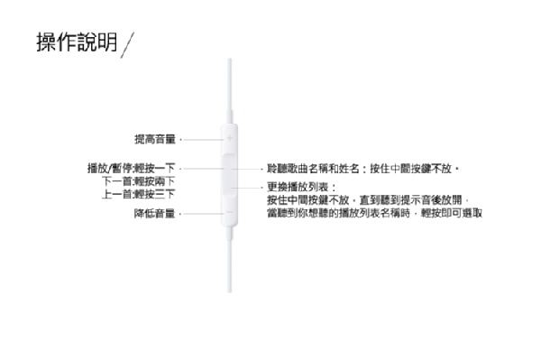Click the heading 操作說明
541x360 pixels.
[x=78, y=42]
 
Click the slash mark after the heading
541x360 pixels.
[x=127, y=45]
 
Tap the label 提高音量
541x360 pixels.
[x=155, y=139]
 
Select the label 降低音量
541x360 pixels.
[x=154, y=213]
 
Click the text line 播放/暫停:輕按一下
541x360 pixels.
[x=132, y=168]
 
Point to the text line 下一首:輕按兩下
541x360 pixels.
[x=138, y=181]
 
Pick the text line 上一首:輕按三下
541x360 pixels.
[x=138, y=194]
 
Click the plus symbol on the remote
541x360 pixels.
[x=229, y=139]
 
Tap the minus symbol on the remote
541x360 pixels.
[x=229, y=212]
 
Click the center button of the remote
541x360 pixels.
[x=229, y=176]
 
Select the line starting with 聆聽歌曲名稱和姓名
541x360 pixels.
[x=363, y=169]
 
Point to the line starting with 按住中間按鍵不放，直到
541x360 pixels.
[x=368, y=199]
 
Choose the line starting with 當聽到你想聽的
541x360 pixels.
[x=375, y=213]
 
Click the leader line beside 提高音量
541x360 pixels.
[x=203, y=140]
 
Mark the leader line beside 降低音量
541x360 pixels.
[x=203, y=214]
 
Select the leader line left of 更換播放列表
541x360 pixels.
[x=247, y=188]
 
